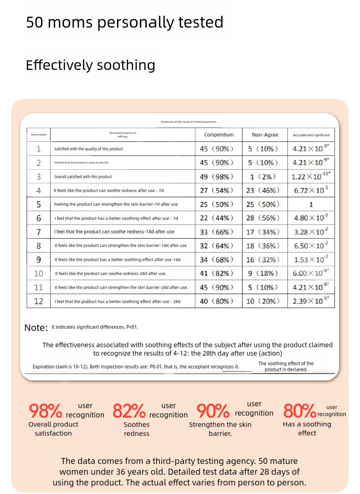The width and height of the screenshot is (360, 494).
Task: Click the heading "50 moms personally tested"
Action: [124, 22]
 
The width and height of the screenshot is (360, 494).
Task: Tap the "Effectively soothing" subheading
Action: [90, 65]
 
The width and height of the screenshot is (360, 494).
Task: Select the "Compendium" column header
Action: [219, 135]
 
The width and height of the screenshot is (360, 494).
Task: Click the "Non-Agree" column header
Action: [265, 135]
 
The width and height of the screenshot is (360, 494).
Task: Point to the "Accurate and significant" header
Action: [311, 135]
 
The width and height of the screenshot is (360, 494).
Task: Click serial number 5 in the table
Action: [39, 204]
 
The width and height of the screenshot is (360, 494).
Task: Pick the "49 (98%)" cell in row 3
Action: [216, 177]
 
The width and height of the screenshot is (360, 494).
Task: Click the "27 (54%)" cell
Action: [216, 191]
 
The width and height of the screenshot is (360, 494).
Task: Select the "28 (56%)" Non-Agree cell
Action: [262, 218]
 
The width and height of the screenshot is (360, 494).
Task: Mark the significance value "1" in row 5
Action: [311, 204]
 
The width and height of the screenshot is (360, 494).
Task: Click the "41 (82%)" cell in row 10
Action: [216, 273]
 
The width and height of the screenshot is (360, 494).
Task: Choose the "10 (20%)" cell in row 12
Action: [262, 301]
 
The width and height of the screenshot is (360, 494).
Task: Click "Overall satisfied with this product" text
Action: [83, 177]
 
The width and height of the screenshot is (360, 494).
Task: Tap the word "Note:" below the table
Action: [36, 328]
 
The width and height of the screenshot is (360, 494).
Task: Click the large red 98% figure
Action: [46, 411]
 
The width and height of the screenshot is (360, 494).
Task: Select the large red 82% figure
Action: [129, 411]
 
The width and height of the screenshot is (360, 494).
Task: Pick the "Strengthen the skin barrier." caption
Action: [220, 429]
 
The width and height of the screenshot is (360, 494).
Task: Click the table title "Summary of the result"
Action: [189, 122]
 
